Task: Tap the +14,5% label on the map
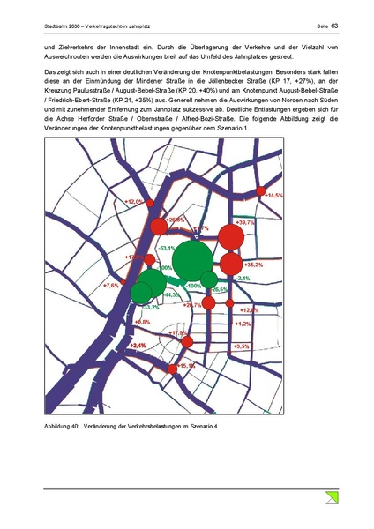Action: tap(274, 195)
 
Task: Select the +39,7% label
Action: tap(244, 223)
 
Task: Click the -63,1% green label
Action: tap(166, 250)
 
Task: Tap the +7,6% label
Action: tap(112, 286)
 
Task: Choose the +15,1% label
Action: tap(187, 365)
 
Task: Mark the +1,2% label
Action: tap(243, 324)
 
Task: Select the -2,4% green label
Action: tap(242, 278)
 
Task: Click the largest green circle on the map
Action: tap(192, 260)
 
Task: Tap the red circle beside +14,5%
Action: tap(260, 191)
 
